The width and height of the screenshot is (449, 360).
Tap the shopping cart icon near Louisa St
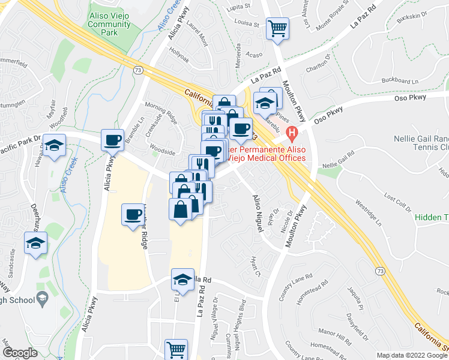[x=277, y=28]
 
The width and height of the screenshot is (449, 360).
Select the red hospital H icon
[x=292, y=132]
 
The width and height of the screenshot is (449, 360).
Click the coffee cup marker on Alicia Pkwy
[x=112, y=140]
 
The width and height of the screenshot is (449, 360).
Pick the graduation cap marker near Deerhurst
[x=36, y=243]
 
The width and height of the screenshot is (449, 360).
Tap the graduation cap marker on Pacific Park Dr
[x=55, y=146]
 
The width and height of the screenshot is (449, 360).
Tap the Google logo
[x=19, y=353]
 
